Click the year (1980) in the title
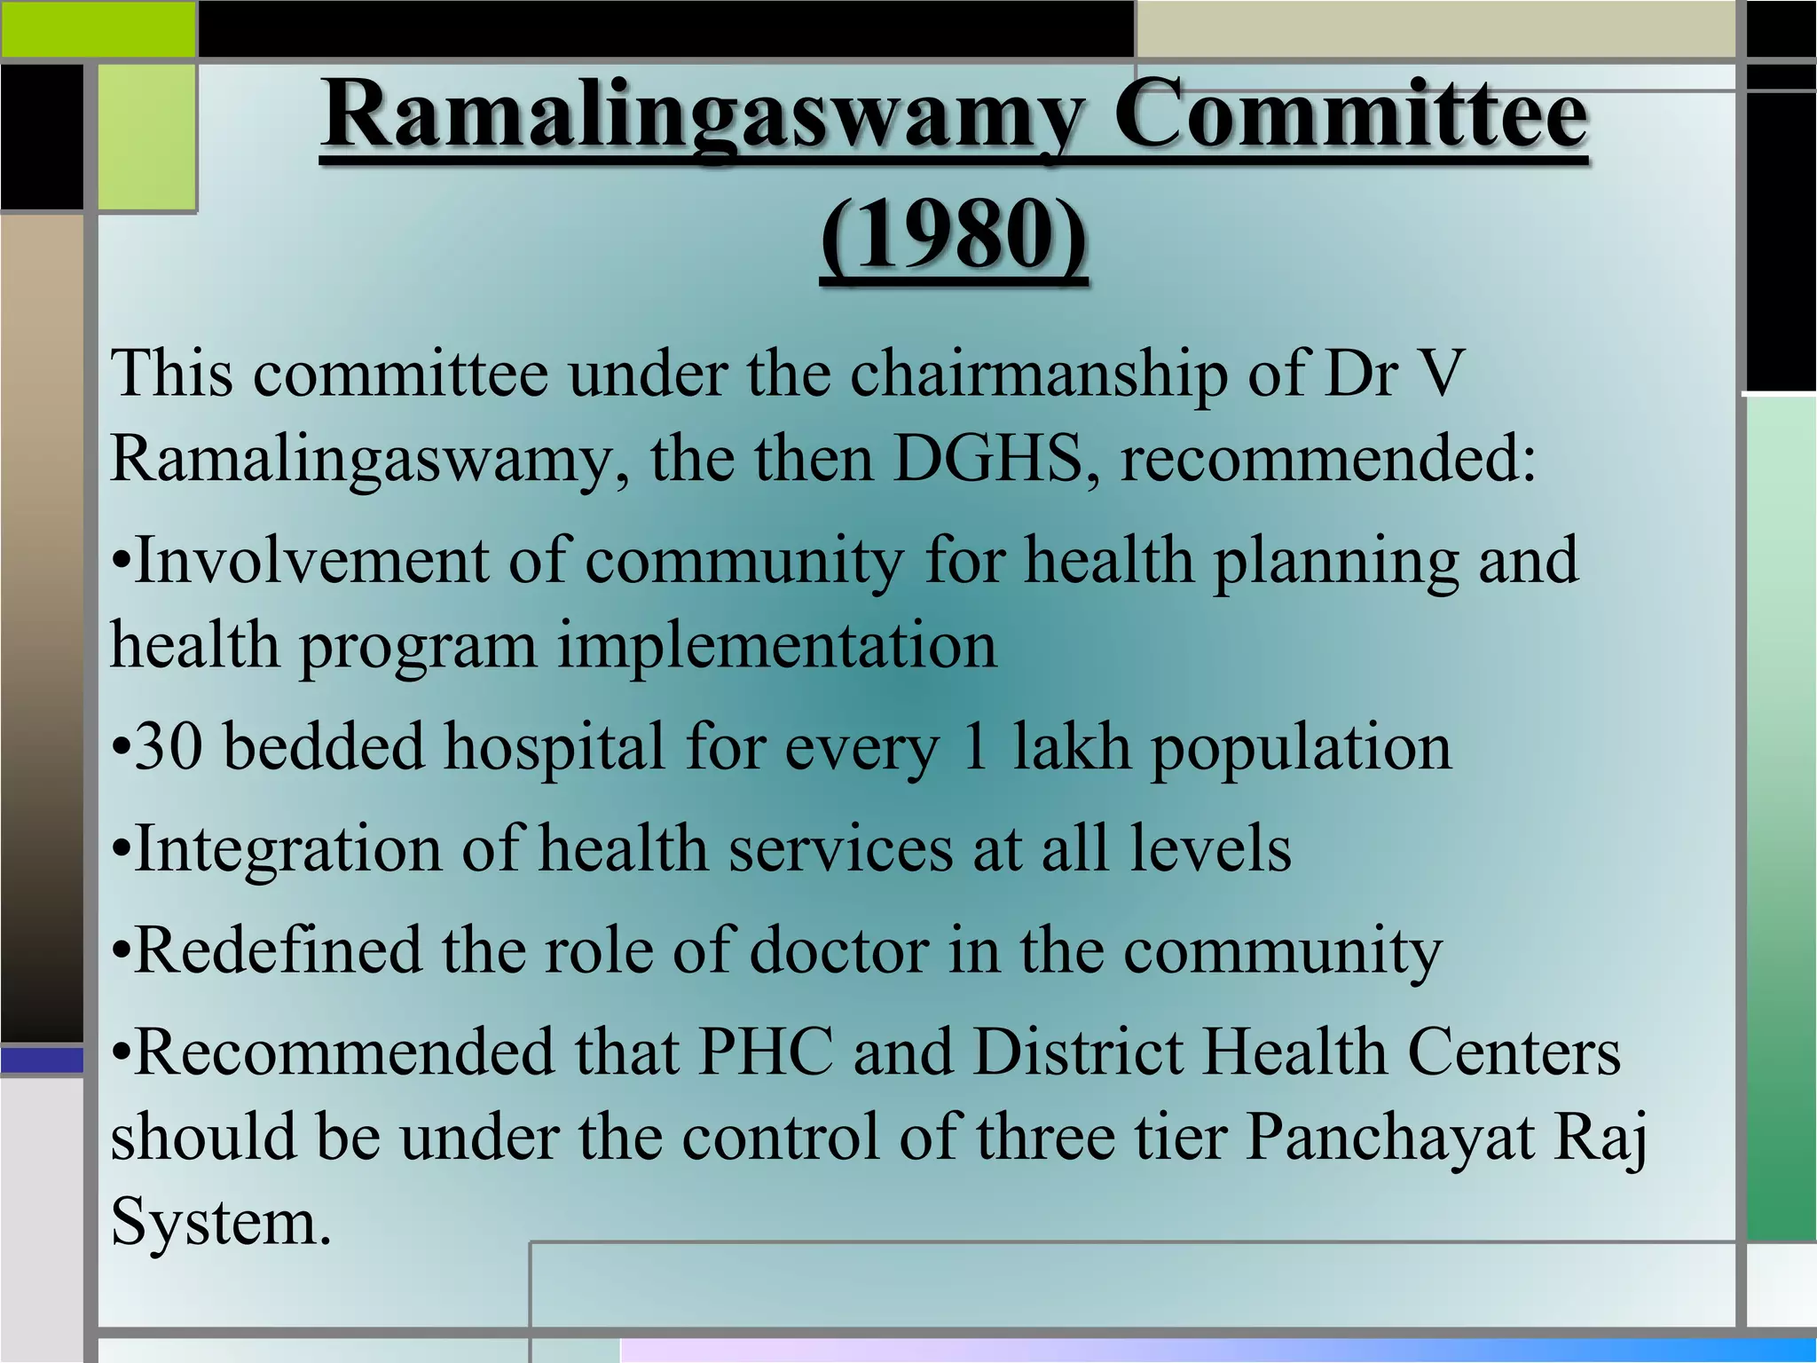pyautogui.click(x=953, y=236)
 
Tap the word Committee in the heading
pyautogui.click(x=1349, y=116)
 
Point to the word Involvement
pyautogui.click(x=311, y=561)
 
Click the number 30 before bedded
pyautogui.click(x=168, y=747)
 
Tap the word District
pyautogui.click(x=1078, y=1052)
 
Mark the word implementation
pyautogui.click(x=776, y=646)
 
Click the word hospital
pyautogui.click(x=555, y=747)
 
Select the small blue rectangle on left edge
pyautogui.click(x=41, y=1060)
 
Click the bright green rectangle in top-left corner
pyautogui.click(x=98, y=28)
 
